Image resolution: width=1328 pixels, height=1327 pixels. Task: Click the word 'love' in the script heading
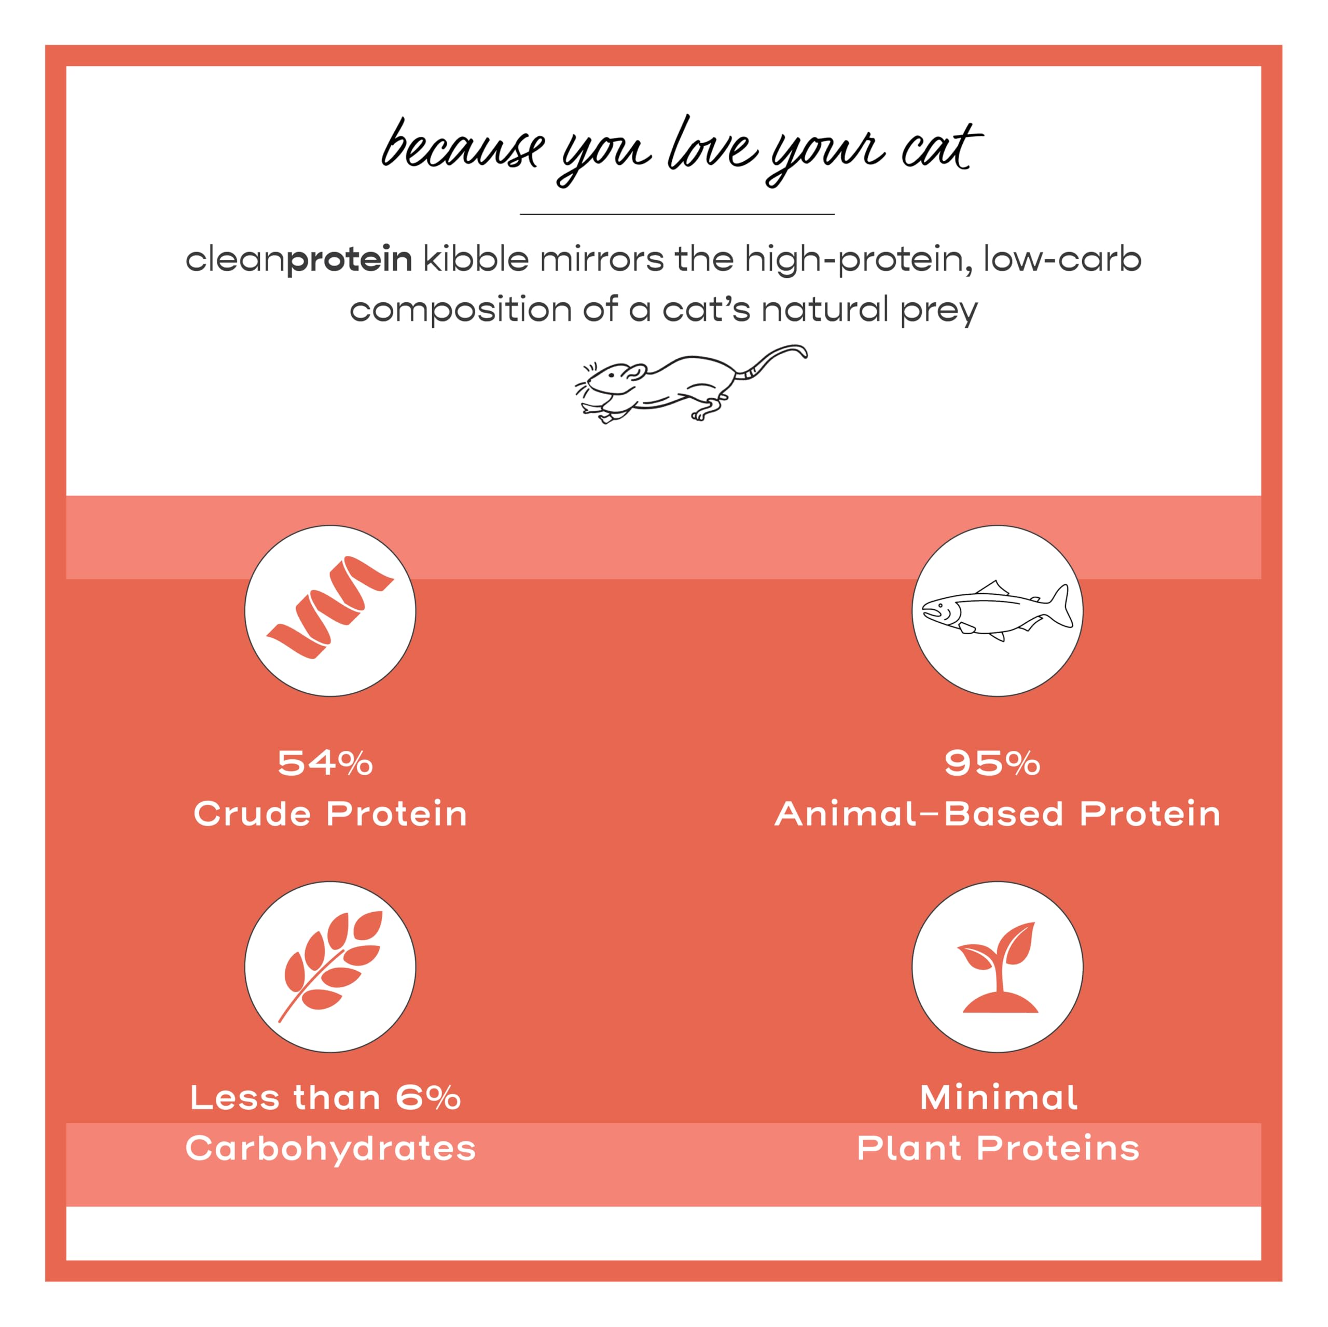coord(713,146)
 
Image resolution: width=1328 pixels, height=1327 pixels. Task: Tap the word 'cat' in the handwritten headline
coord(941,148)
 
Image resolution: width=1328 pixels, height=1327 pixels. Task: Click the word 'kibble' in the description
coord(476,259)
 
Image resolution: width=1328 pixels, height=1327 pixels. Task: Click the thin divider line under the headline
coord(677,214)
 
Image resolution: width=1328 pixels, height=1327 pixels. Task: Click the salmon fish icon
coord(997,610)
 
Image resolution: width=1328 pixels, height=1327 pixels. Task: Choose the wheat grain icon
coord(330,966)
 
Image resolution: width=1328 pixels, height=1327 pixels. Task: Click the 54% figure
coord(325,763)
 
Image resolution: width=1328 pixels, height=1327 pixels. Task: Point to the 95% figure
coord(992,763)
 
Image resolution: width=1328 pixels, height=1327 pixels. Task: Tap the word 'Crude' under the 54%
coord(252,814)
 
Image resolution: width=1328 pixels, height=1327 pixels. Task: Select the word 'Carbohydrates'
coord(330,1148)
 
